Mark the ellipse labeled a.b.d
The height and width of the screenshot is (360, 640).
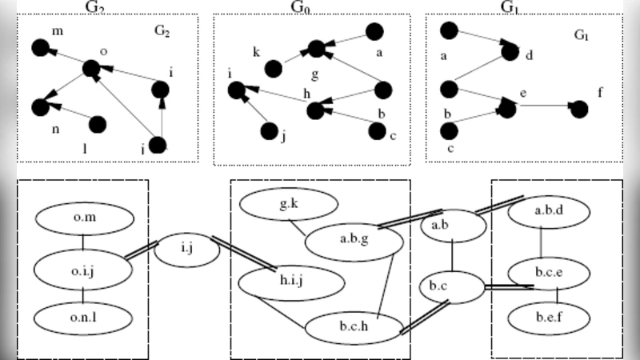pyautogui.click(x=549, y=211)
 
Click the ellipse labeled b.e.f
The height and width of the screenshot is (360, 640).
pyautogui.click(x=549, y=318)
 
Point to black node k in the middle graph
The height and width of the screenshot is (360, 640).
pyautogui.click(x=271, y=69)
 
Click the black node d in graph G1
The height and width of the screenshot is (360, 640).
pyautogui.click(x=510, y=52)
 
